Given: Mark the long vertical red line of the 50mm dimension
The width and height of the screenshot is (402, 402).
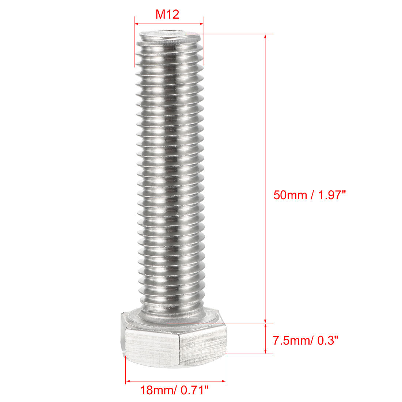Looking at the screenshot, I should tap(265, 146).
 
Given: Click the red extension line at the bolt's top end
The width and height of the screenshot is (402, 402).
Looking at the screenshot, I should tap(234, 34).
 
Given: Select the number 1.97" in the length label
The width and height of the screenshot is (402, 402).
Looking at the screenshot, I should tap(331, 195).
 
